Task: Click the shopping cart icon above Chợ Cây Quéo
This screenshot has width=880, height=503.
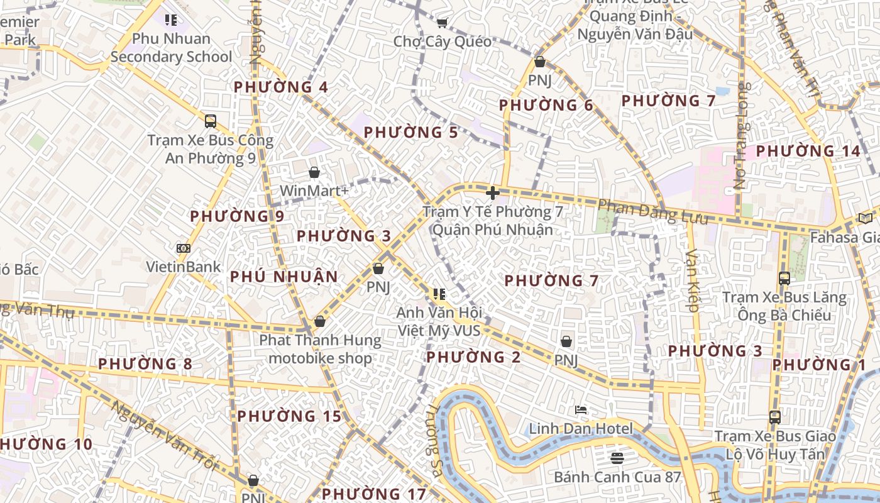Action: tap(442, 23)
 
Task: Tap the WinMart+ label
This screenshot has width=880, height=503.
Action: tap(314, 191)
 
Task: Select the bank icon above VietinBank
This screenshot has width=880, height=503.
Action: tap(183, 248)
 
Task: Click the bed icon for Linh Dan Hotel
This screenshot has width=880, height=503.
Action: tap(581, 411)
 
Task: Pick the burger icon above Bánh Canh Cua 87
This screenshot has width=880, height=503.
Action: tap(617, 458)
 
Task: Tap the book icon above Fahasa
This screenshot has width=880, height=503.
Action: tap(866, 218)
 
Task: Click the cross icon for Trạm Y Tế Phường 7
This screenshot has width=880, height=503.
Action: tap(493, 193)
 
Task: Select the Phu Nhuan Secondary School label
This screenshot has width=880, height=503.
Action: tap(171, 48)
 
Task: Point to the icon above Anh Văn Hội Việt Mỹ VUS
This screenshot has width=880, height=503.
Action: tap(439, 294)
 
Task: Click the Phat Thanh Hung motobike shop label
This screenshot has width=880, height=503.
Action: tap(320, 350)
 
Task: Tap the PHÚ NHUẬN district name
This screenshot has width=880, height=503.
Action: tap(284, 277)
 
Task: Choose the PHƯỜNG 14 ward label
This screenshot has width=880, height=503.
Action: tap(808, 152)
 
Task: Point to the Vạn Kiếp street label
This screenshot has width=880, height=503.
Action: tap(692, 280)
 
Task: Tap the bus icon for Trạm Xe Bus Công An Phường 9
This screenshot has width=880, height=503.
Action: tap(211, 121)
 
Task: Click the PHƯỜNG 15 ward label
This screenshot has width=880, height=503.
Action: tap(289, 416)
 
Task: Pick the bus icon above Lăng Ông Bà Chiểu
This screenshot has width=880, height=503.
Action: tap(784, 278)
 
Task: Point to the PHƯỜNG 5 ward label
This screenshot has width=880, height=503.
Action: tap(411, 133)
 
